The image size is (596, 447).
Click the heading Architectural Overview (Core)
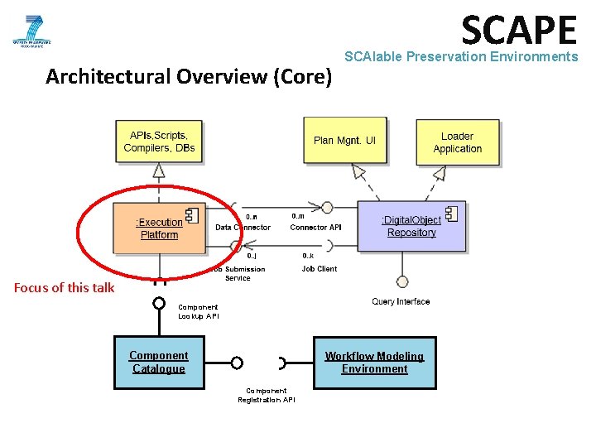[189, 77]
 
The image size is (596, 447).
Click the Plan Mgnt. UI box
[344, 141]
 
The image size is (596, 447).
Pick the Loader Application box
[457, 142]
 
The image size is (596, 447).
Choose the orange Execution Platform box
[158, 228]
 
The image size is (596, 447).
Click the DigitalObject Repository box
[411, 226]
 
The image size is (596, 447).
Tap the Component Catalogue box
[159, 363]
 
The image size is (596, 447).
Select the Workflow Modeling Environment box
[374, 363]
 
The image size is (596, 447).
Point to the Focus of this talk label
[65, 288]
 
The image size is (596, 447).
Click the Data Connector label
[243, 228]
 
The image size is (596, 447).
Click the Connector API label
[315, 228]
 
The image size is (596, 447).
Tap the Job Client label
[320, 269]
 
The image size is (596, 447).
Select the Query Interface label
[401, 302]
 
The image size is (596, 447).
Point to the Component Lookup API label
[199, 311]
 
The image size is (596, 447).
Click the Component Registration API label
[266, 395]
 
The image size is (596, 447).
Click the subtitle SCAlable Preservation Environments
[460, 57]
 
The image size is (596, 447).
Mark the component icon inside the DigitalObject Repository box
[450, 214]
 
